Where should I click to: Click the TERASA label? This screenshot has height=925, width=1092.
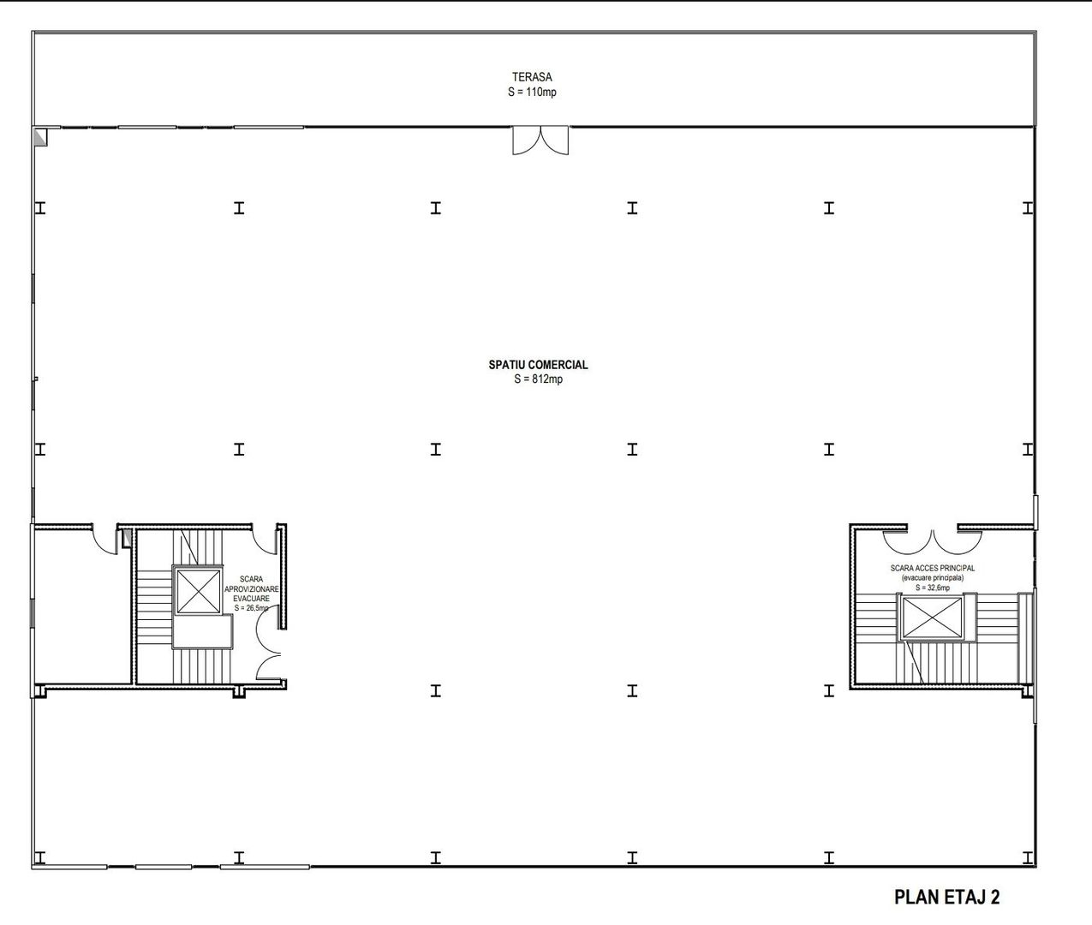pyautogui.click(x=532, y=77)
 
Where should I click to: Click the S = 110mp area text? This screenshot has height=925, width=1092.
pyautogui.click(x=532, y=92)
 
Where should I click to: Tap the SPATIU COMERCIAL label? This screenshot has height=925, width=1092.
pyautogui.click(x=538, y=365)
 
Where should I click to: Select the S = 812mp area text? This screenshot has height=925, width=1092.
pyautogui.click(x=538, y=379)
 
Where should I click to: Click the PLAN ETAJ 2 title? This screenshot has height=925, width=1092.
pyautogui.click(x=946, y=898)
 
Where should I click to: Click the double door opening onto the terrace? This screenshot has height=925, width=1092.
pyautogui.click(x=540, y=140)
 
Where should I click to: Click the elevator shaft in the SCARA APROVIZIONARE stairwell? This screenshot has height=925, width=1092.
pyautogui.click(x=198, y=590)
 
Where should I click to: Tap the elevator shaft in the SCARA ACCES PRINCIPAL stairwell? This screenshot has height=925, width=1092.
pyautogui.click(x=931, y=618)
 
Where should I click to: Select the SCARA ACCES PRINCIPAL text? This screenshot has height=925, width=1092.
pyautogui.click(x=932, y=568)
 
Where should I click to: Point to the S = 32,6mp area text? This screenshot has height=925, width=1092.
pyautogui.click(x=932, y=588)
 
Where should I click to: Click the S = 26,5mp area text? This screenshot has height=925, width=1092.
pyautogui.click(x=251, y=608)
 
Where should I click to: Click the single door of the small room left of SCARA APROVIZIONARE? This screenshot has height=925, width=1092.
pyautogui.click(x=105, y=539)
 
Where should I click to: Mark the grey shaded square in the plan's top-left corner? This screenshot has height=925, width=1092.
pyautogui.click(x=39, y=135)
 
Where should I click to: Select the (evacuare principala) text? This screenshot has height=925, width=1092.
pyautogui.click(x=932, y=578)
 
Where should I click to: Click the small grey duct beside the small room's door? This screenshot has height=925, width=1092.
pyautogui.click(x=126, y=538)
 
